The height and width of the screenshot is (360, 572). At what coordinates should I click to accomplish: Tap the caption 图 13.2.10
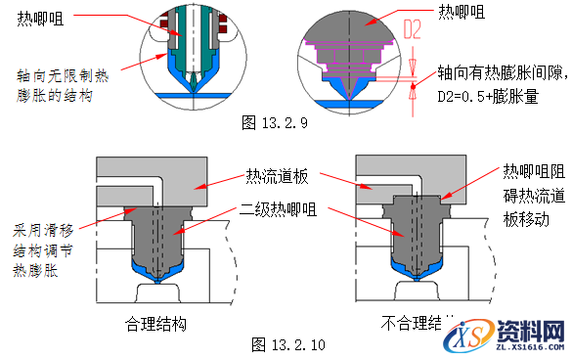290,344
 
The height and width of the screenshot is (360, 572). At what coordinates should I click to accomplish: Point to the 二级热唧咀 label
277,208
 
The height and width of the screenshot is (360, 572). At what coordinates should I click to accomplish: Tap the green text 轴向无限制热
64,74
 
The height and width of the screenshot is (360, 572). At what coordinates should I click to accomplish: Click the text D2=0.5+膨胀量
488,97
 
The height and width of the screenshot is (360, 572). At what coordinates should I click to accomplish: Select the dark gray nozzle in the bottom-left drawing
156,235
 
